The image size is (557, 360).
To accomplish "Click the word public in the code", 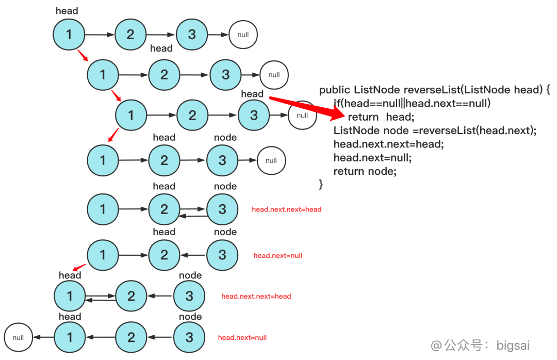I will pyautogui.click(x=335, y=90).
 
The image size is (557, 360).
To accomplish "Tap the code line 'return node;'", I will pyautogui.click(x=365, y=171).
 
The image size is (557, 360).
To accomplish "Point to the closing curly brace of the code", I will pyautogui.click(x=321, y=184).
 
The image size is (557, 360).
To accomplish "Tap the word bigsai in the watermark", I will pyautogui.click(x=513, y=345).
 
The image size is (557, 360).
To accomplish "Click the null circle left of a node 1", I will pyautogui.click(x=18, y=338).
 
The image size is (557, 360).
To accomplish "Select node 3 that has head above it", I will pyautogui.click(x=254, y=115).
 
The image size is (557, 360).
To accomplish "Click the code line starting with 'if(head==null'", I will pyautogui.click(x=412, y=104).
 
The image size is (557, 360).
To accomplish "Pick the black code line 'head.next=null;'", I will pyautogui.click(x=372, y=157).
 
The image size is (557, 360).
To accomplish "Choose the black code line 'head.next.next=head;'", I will pyautogui.click(x=388, y=144).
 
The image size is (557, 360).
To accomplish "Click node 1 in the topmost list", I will pyautogui.click(x=69, y=35).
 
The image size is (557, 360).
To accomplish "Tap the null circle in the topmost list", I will pyautogui.click(x=243, y=35).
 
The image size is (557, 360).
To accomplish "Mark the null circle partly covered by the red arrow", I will pyautogui.click(x=302, y=116).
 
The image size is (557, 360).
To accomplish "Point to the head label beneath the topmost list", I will pyautogui.click(x=161, y=48).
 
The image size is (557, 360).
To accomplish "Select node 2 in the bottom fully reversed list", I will pyautogui.click(x=131, y=337).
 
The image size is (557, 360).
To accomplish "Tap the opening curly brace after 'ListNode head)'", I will pyautogui.click(x=548, y=90).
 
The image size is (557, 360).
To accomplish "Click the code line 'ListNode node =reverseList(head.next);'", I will pyautogui.click(x=435, y=130).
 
